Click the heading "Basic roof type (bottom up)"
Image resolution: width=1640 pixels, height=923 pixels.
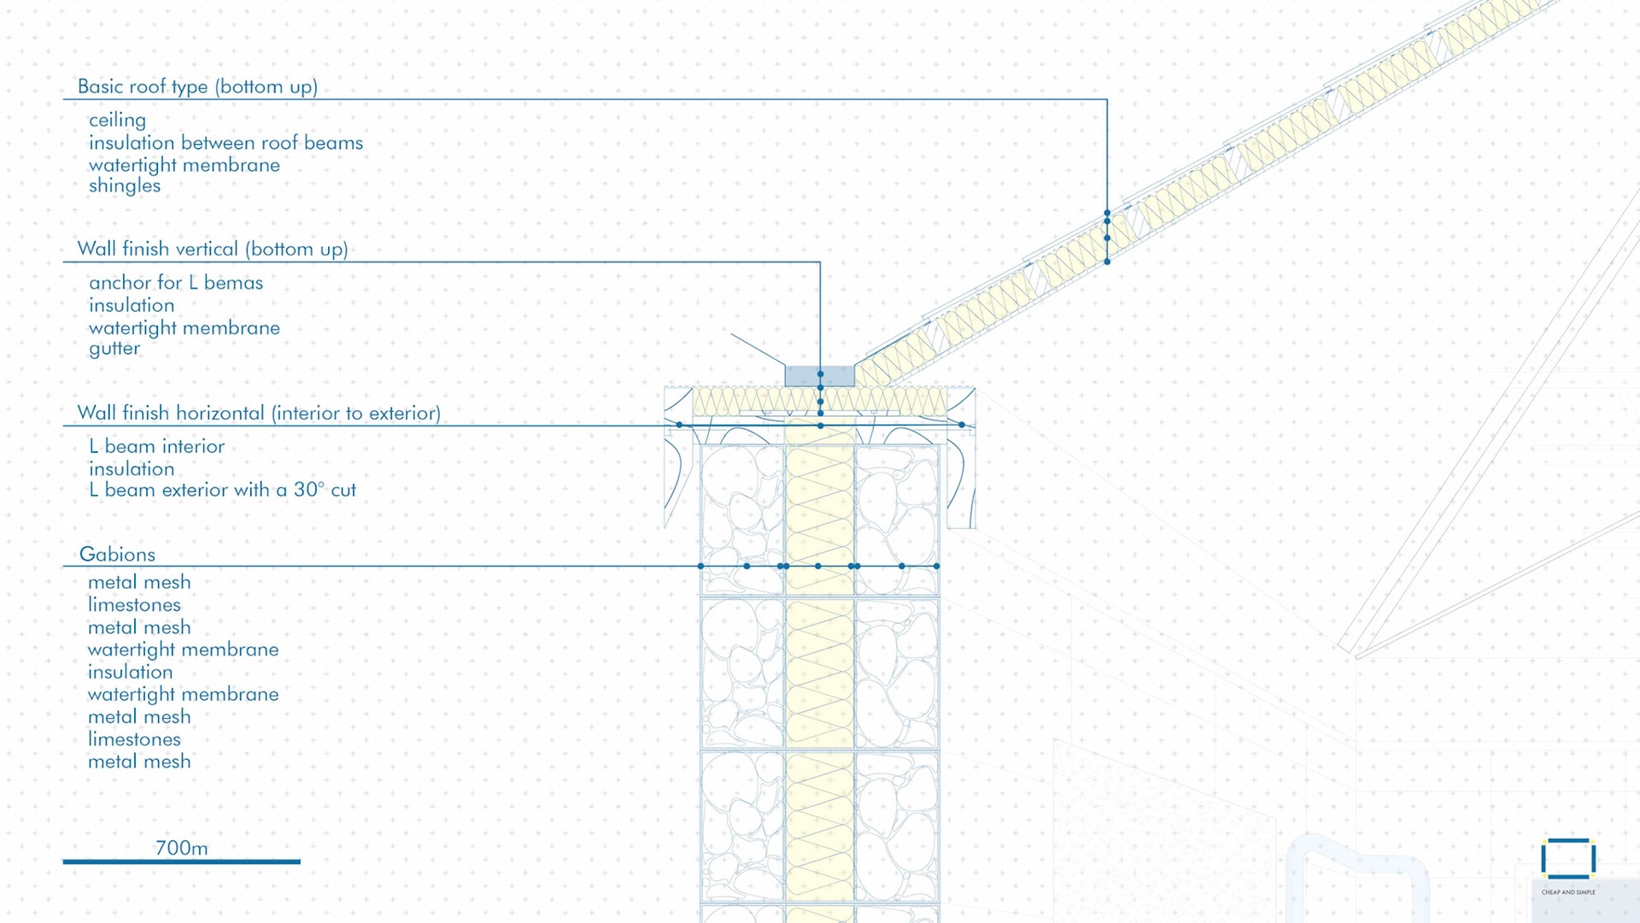tap(197, 86)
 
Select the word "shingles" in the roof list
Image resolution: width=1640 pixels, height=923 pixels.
tap(125, 185)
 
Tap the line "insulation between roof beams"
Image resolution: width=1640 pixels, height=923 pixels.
tap(225, 143)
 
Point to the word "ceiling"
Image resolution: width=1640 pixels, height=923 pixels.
tap(117, 120)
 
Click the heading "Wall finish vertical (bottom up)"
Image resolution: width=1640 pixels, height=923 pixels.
tap(213, 249)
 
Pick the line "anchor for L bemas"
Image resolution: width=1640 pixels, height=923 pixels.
tap(176, 283)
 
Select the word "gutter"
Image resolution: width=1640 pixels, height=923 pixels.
tap(114, 348)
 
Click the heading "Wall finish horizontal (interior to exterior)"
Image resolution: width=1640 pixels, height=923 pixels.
tap(259, 413)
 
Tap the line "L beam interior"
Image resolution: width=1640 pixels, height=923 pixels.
tap(156, 446)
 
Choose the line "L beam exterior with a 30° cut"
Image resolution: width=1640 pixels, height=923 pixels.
tap(222, 490)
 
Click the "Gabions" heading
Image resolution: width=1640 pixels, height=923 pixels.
tap(117, 554)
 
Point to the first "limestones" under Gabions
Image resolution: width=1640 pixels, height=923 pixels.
tap(134, 605)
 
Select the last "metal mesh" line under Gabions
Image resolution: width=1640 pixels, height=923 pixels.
tap(139, 761)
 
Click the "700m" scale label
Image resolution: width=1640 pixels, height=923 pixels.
tap(181, 848)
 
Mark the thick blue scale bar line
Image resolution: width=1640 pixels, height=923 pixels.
tap(181, 861)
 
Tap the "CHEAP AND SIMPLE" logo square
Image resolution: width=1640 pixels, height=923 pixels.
tap(1568, 859)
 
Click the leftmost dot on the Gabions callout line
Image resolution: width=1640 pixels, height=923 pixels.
tap(701, 566)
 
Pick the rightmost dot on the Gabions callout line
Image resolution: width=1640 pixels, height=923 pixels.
tap(937, 566)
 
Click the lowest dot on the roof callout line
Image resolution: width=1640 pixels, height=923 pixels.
tap(1107, 262)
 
